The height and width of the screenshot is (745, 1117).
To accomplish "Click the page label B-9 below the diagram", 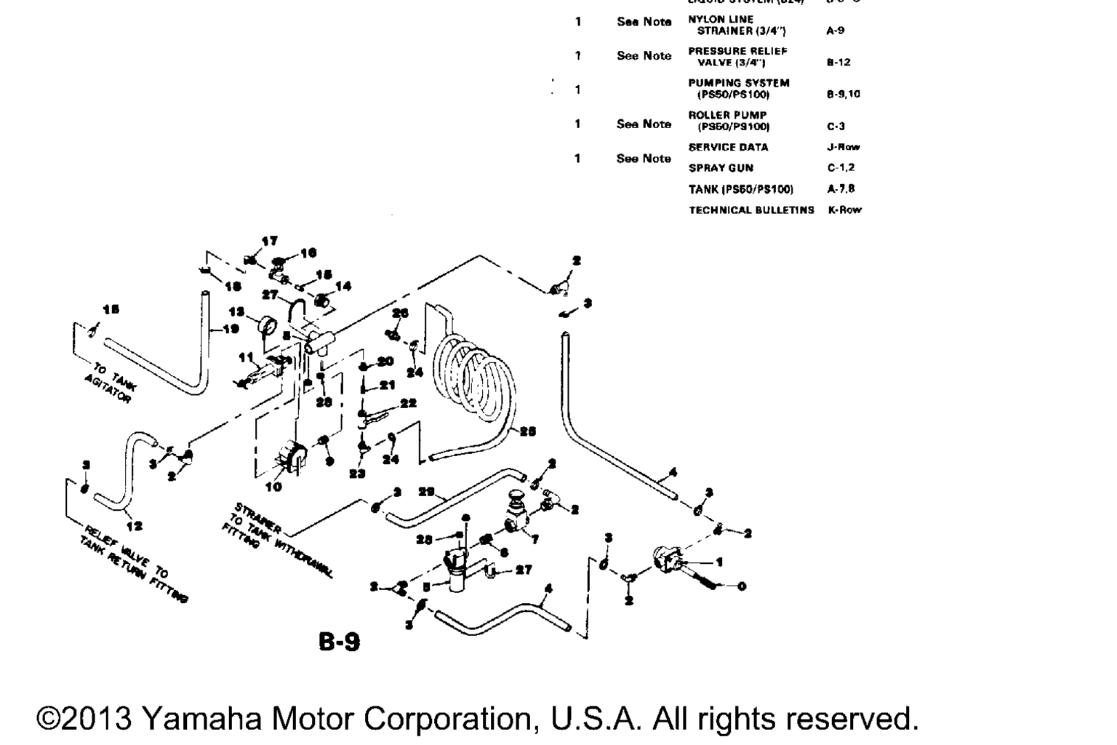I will [x=339, y=641].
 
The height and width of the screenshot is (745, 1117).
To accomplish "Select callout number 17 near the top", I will [x=269, y=241].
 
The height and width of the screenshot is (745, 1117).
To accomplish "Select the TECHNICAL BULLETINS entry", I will [x=751, y=210].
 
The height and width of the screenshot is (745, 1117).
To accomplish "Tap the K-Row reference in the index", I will [x=844, y=210].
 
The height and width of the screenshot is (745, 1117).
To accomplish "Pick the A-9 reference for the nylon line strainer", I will [x=835, y=31].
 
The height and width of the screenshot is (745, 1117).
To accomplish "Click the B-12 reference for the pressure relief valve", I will [x=838, y=63].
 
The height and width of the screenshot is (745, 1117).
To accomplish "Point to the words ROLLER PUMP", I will [x=727, y=115].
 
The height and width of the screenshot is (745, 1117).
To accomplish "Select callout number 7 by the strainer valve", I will [x=535, y=540].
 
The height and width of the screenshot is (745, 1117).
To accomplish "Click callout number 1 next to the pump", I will [x=719, y=562].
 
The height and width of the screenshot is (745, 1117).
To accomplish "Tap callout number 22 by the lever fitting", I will [x=408, y=403].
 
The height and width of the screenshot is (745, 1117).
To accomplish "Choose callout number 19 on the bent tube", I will [x=231, y=329].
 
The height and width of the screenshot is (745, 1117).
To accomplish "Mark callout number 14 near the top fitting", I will [x=343, y=286].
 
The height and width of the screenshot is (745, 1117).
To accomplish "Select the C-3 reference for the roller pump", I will [x=836, y=127].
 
